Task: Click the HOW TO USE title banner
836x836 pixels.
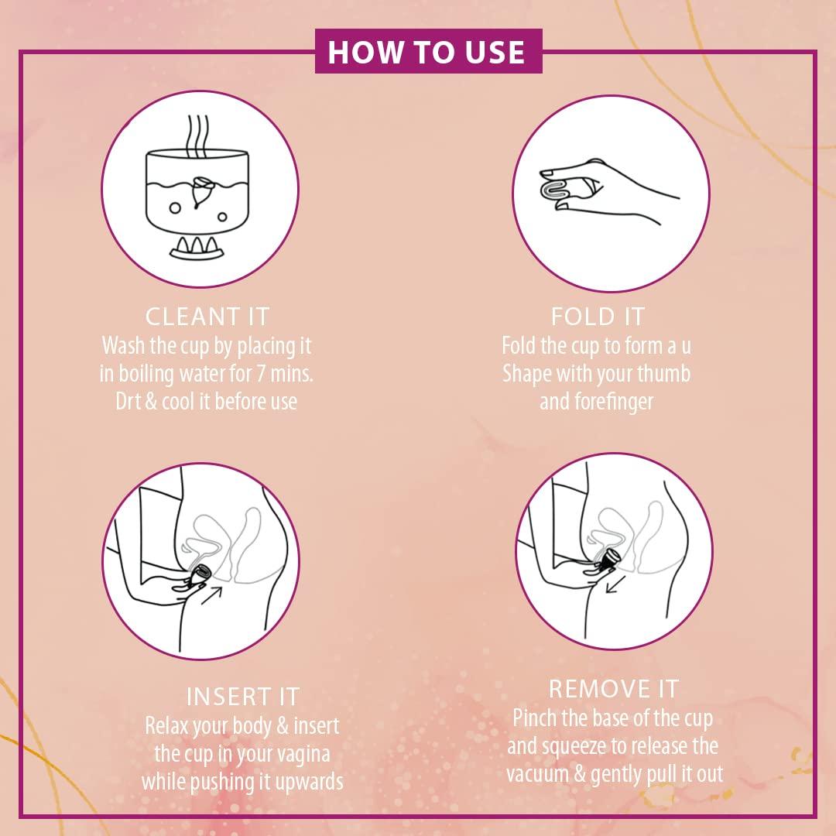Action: (427, 51)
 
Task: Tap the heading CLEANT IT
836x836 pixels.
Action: (207, 317)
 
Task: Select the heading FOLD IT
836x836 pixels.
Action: (598, 317)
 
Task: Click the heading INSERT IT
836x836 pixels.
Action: (242, 696)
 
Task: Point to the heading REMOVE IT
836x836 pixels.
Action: (613, 688)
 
